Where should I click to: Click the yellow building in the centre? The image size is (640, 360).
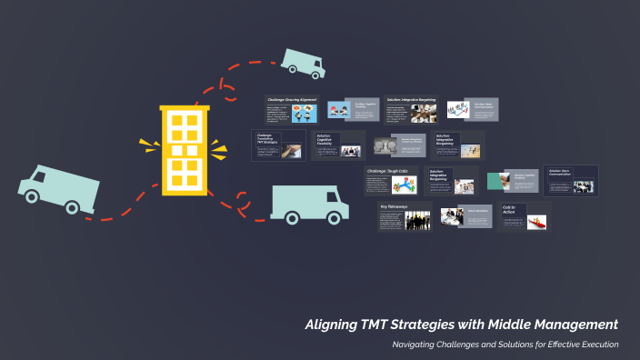185,150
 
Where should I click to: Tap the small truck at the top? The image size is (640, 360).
303,61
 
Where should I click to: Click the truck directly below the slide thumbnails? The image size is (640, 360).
309,204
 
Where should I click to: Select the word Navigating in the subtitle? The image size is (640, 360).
417,345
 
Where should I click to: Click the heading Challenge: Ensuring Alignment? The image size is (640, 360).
291,98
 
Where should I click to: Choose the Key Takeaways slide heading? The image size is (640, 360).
397,206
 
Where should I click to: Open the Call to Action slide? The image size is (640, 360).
509,209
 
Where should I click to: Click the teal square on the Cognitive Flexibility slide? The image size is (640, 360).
497,181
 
